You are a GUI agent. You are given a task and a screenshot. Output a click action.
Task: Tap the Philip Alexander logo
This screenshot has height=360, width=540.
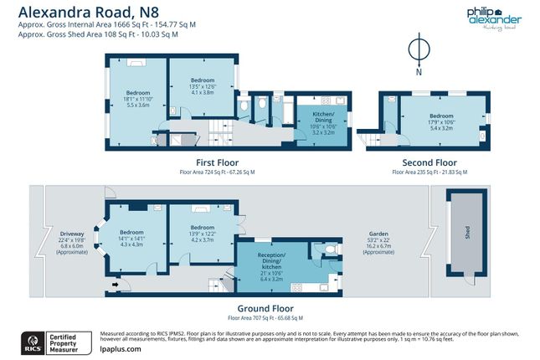point(493,17)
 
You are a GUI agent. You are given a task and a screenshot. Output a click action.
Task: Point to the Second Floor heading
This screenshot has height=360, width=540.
point(429,162)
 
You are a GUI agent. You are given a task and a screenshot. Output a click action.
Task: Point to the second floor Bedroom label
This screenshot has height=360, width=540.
point(440,116)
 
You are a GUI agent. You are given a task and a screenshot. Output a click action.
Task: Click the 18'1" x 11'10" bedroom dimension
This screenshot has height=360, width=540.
point(137,99)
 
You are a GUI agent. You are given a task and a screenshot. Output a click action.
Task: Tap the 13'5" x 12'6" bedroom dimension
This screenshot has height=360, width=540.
point(201,86)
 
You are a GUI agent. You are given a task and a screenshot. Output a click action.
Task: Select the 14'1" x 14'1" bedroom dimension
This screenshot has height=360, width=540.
point(131,238)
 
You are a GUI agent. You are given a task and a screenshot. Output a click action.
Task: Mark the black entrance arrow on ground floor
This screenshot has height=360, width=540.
point(113,286)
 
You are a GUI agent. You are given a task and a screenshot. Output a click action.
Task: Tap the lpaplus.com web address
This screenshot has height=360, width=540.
point(121,351)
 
